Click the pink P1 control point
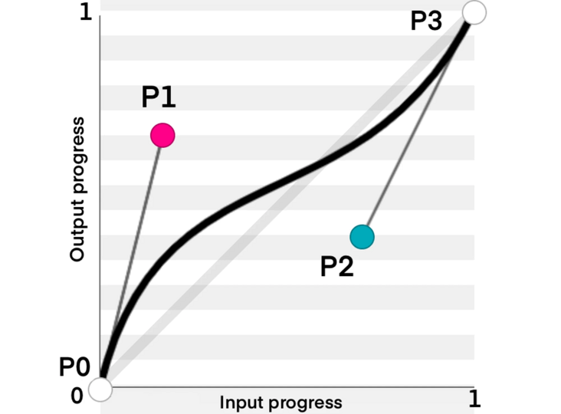click(162, 136)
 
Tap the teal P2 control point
click(362, 237)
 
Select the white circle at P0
click(100, 389)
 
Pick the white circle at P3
click(474, 12)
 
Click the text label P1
click(159, 97)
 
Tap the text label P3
click(426, 21)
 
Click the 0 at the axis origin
click(77, 396)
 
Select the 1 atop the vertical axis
click(86, 15)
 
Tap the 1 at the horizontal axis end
click(474, 398)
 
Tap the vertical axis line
click(100, 192)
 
